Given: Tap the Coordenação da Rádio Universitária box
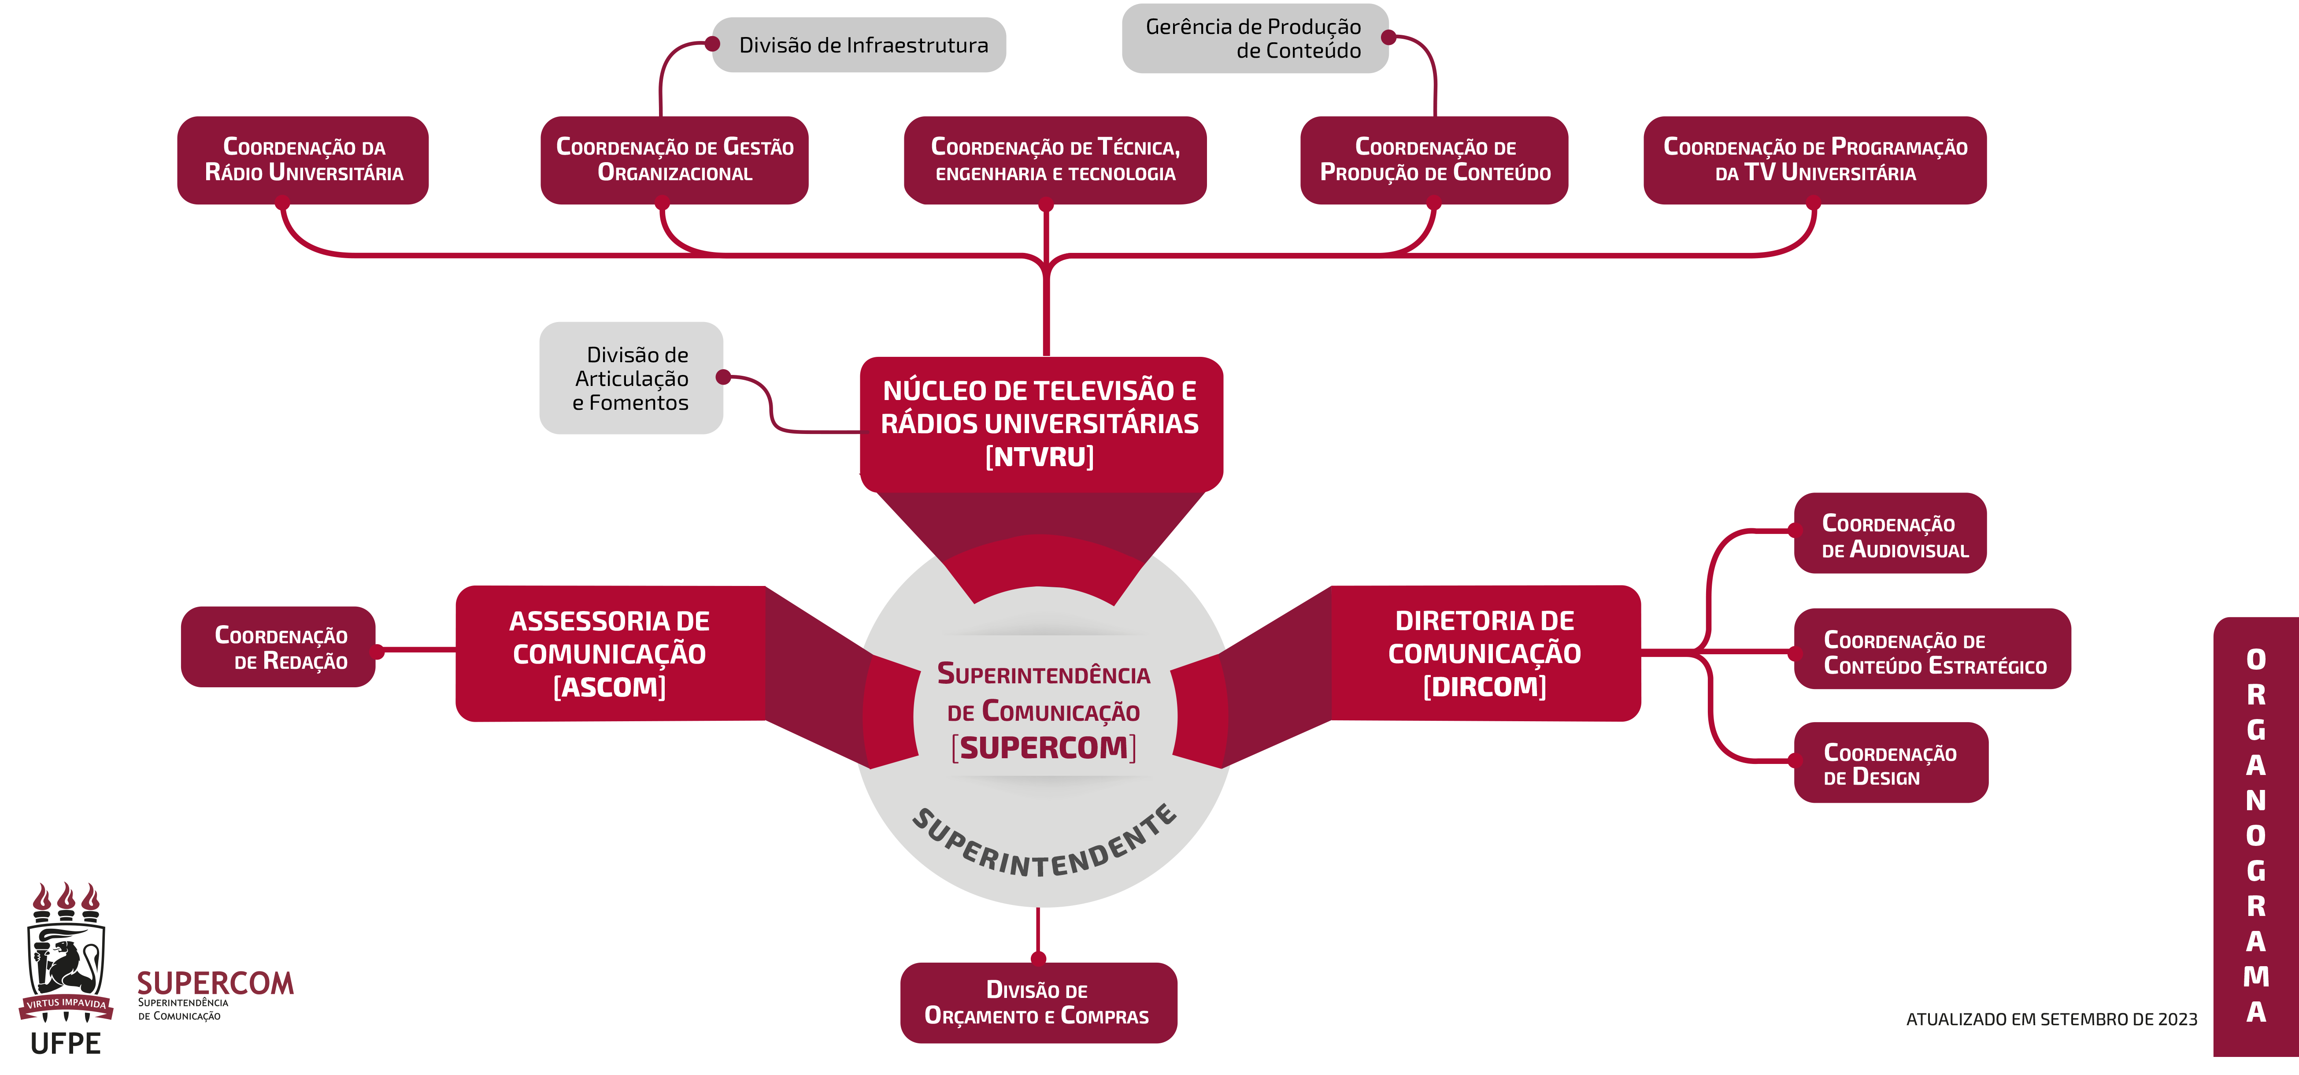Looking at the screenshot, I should click(304, 160).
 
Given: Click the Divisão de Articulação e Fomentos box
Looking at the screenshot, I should click(631, 378).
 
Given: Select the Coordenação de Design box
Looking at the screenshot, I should click(1890, 764).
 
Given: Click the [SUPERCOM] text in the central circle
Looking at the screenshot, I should click(1043, 747).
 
